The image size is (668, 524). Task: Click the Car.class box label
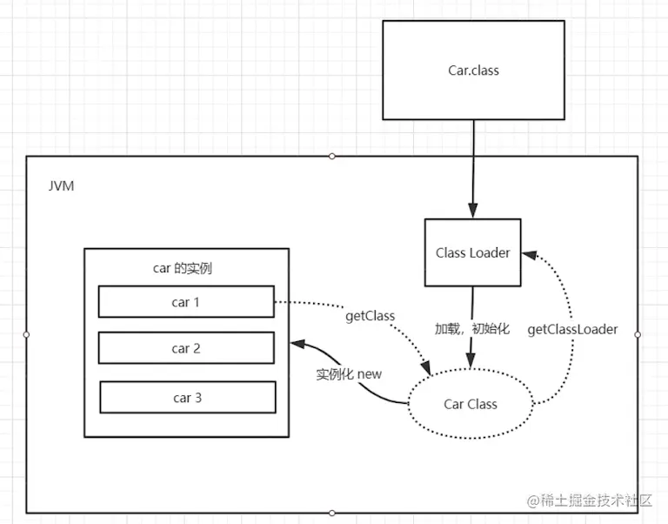[473, 71]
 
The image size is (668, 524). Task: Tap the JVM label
[62, 186]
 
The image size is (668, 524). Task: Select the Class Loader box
[473, 252]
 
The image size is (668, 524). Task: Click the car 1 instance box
[186, 302]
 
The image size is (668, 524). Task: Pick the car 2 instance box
[186, 348]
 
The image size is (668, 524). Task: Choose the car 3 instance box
[188, 398]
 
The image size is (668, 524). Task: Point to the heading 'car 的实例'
[183, 268]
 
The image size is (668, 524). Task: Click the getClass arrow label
[370, 316]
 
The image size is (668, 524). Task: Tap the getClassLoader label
[572, 329]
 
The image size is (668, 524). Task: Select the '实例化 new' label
[349, 374]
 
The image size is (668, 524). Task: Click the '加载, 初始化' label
[472, 328]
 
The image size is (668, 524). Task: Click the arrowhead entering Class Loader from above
[473, 211]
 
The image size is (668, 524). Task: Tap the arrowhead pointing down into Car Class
[471, 360]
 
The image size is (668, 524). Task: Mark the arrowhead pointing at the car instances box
[297, 344]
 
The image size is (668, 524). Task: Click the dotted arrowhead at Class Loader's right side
[529, 255]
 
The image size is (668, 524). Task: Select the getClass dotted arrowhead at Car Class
[426, 369]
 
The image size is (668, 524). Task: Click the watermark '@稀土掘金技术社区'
[590, 500]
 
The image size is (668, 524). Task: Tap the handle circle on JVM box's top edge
[332, 157]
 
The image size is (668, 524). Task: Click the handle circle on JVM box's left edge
[26, 335]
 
